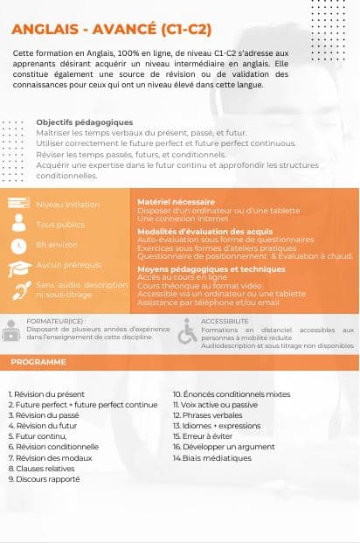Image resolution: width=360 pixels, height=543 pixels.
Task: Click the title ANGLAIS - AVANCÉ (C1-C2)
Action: point(112,30)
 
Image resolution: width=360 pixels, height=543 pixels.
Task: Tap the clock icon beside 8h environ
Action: point(18,244)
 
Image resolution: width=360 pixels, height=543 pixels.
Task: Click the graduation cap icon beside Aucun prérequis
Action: point(18,267)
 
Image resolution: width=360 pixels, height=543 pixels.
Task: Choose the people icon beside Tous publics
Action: point(18,224)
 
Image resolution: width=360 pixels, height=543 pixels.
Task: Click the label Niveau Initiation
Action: point(68,204)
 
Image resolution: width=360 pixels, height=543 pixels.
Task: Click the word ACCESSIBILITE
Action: point(225,322)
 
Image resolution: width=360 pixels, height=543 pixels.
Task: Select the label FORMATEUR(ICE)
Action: point(55,322)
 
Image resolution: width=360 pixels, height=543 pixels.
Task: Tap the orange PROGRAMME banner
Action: point(38,362)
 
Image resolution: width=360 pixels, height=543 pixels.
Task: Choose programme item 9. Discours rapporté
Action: point(44,479)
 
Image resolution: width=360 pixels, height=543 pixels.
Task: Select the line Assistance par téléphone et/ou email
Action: point(209,303)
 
